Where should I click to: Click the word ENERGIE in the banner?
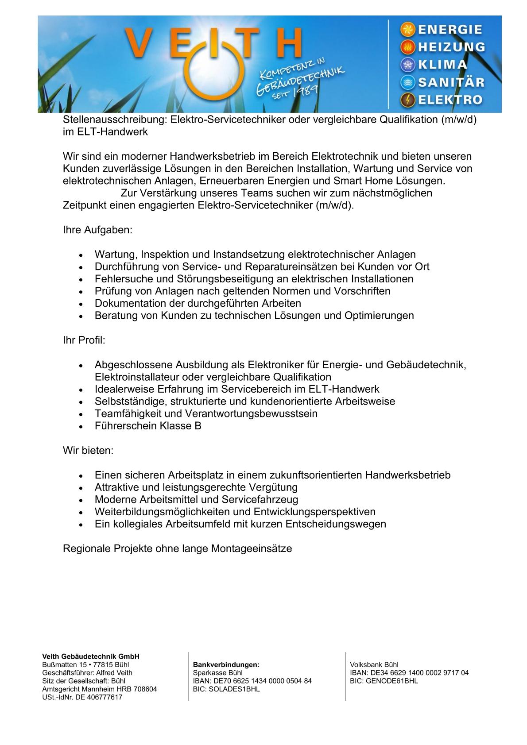(x=450, y=30)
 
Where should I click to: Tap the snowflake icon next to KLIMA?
(x=407, y=65)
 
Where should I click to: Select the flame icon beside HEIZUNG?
(x=407, y=47)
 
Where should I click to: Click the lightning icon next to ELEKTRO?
(x=407, y=100)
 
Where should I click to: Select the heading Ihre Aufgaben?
(x=97, y=230)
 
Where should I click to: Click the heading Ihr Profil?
(x=84, y=340)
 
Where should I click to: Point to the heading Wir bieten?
(x=88, y=451)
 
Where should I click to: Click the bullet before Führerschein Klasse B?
(x=80, y=427)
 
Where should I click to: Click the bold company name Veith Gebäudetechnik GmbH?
(x=91, y=656)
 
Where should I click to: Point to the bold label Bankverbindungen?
(x=226, y=664)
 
